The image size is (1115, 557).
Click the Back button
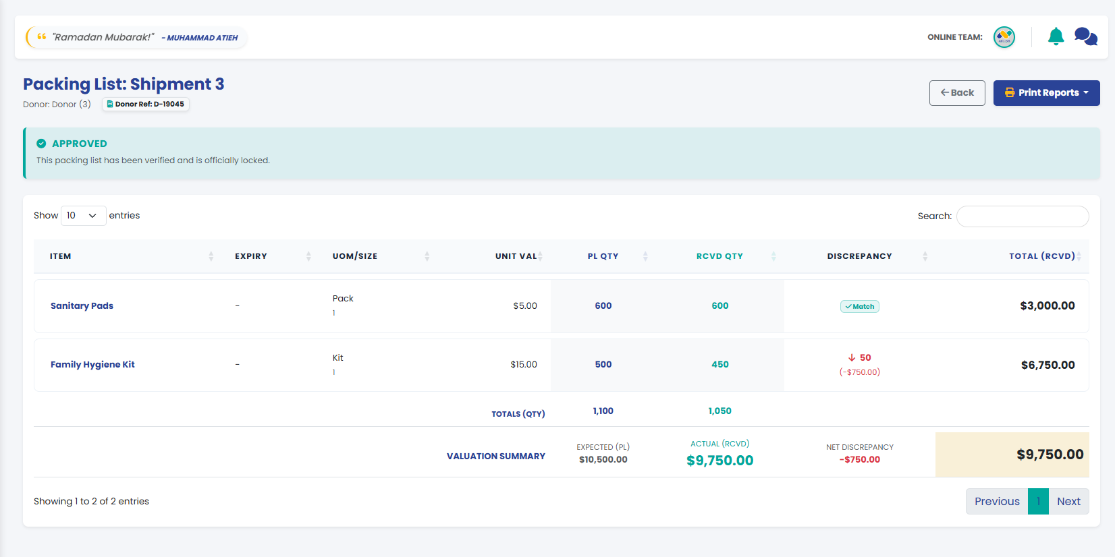click(956, 93)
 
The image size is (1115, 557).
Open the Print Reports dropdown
click(1046, 93)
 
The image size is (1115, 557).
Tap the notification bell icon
click(1056, 37)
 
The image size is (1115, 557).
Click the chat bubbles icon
click(1085, 37)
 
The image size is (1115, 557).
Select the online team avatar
click(1004, 37)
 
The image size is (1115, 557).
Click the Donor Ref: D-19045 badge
click(145, 104)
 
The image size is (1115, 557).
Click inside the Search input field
click(1023, 216)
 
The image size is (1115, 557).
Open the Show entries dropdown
click(83, 216)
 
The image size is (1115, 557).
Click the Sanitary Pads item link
click(82, 306)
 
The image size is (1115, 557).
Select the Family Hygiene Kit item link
click(92, 365)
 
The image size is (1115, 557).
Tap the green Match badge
click(860, 306)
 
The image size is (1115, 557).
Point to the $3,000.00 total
click(1048, 306)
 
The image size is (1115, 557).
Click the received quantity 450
click(719, 365)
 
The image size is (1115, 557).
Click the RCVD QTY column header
click(719, 256)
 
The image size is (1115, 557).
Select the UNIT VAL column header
click(516, 256)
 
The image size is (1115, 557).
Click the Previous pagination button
click(997, 501)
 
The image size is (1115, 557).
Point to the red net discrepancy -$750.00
click(860, 459)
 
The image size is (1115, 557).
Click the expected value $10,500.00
click(603, 459)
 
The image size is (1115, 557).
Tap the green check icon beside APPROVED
click(41, 144)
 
